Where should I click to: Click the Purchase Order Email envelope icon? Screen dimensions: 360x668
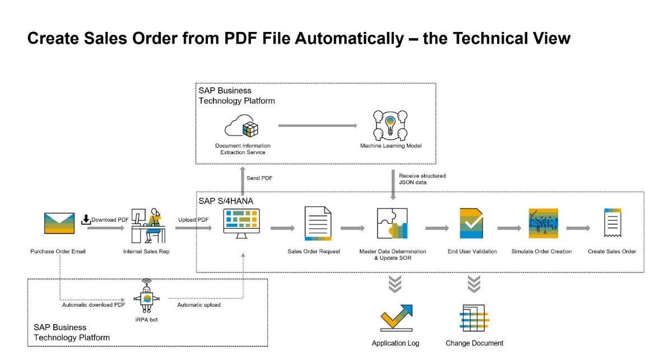[59, 223]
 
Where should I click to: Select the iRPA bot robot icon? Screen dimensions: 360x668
[147, 296]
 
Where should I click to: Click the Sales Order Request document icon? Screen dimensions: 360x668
[318, 223]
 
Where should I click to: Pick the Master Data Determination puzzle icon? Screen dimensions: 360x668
[392, 224]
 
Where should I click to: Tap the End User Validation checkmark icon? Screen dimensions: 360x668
[471, 224]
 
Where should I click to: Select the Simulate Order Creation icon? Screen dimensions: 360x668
[542, 224]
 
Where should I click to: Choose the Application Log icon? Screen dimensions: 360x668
[396, 317]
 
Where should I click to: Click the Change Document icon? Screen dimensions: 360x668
[474, 318]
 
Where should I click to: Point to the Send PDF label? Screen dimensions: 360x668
[259, 178]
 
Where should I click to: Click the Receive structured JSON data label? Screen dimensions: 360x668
[422, 179]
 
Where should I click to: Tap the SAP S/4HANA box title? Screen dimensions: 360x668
[222, 200]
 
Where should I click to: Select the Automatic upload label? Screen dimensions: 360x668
[199, 304]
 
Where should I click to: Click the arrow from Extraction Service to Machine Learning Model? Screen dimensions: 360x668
[317, 125]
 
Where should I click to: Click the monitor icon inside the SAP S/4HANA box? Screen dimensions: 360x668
[242, 223]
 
